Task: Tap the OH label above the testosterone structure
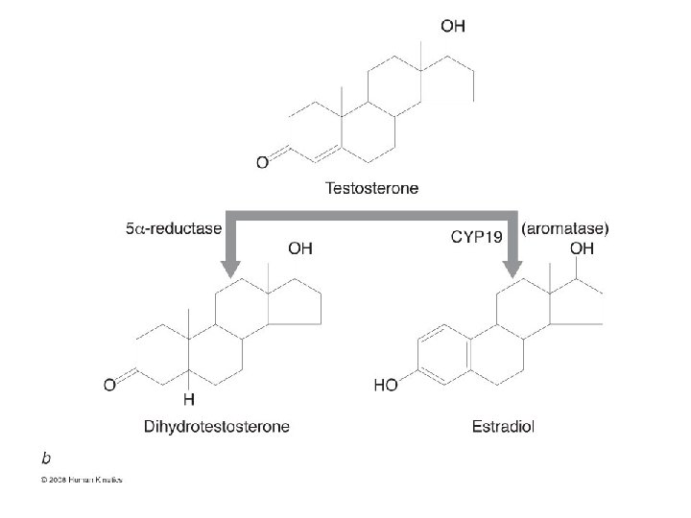452,26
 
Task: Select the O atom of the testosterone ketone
262,163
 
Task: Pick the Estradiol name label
503,425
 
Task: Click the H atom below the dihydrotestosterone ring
188,398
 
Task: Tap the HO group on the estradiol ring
385,386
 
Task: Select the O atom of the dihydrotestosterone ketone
109,386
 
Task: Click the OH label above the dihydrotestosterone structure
300,248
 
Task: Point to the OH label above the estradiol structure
582,248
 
